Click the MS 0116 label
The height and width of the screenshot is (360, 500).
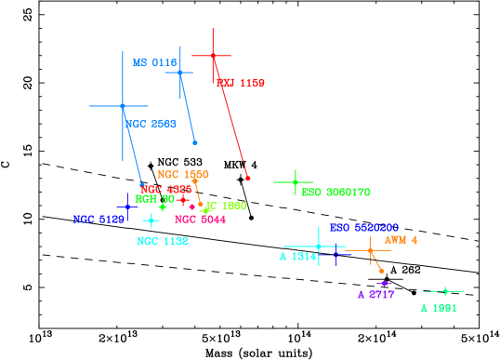coord(153,62)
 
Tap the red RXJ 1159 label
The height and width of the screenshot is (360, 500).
coord(241,83)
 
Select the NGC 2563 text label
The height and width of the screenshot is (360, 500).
coord(151,124)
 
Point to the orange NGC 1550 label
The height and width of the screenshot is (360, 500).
coord(182,174)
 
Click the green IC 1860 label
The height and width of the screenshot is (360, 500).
coord(226,206)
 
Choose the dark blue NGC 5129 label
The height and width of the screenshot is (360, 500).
coord(99,220)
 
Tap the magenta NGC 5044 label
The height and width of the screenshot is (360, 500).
coord(200,220)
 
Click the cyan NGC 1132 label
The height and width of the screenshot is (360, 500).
coord(163,241)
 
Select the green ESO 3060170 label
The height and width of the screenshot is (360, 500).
coord(336,193)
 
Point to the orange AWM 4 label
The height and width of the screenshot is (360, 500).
coord(401,239)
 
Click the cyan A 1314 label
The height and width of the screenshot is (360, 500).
coord(297,256)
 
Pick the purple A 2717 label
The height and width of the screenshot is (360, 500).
coord(375,294)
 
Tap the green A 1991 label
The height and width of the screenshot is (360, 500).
coord(438,308)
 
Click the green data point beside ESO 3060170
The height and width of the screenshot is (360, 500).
coord(295,182)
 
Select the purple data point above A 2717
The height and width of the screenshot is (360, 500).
coord(383,283)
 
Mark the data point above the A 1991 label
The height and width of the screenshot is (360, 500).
coord(445,291)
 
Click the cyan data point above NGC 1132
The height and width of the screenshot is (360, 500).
coord(151,220)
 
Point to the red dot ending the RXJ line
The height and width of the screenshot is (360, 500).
coord(247,178)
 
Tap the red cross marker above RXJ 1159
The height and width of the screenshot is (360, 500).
coord(213,56)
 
